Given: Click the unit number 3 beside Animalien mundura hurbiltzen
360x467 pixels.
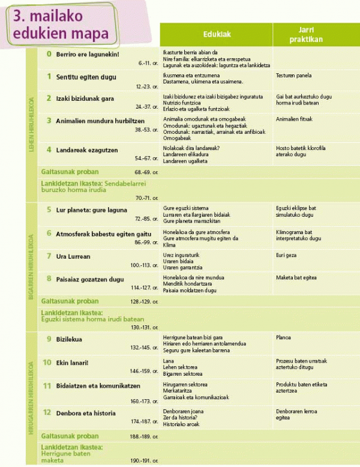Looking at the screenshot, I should (49, 120).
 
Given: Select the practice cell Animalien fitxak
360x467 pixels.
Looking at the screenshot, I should (295, 119).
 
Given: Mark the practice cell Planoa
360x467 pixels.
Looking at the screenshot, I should (285, 337).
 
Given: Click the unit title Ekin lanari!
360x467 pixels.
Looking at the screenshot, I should (71, 363).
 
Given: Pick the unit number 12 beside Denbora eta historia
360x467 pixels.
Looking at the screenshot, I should (47, 412).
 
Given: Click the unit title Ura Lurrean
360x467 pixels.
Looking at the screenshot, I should (73, 256).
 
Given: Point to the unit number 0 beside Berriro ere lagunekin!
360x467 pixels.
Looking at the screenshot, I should (49, 53).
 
